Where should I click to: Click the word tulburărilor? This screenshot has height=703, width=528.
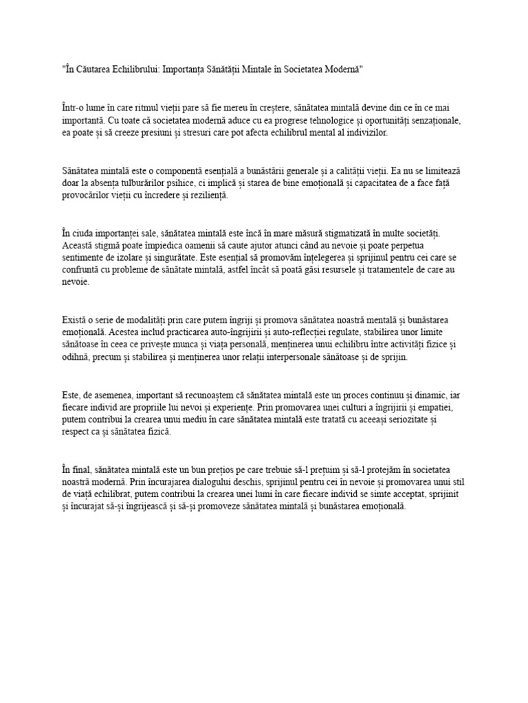[x=159, y=183]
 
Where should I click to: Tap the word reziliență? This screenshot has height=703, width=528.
[x=205, y=195]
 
